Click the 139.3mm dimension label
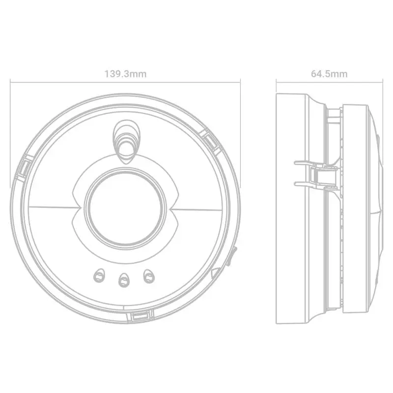125,74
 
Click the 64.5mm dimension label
329,74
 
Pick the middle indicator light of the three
124,280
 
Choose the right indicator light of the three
149,276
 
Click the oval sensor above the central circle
125,142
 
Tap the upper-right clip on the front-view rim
211,141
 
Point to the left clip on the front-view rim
24,168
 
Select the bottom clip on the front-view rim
140,316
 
